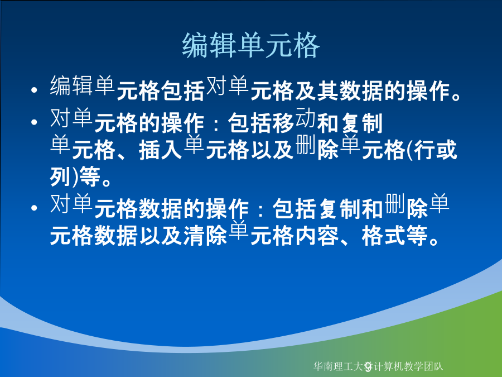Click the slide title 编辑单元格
tap(251, 46)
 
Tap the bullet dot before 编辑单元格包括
tap(34, 90)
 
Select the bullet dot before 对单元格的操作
tap(34, 122)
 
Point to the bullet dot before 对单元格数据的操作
tap(34, 208)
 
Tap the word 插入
tap(161, 150)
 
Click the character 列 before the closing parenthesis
tap(61, 176)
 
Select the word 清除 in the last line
tap(205, 235)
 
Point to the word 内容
tap(317, 235)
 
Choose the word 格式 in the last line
tap(384, 235)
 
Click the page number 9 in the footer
tap(369, 366)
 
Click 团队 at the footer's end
tap(434, 366)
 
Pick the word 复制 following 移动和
tap(362, 123)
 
